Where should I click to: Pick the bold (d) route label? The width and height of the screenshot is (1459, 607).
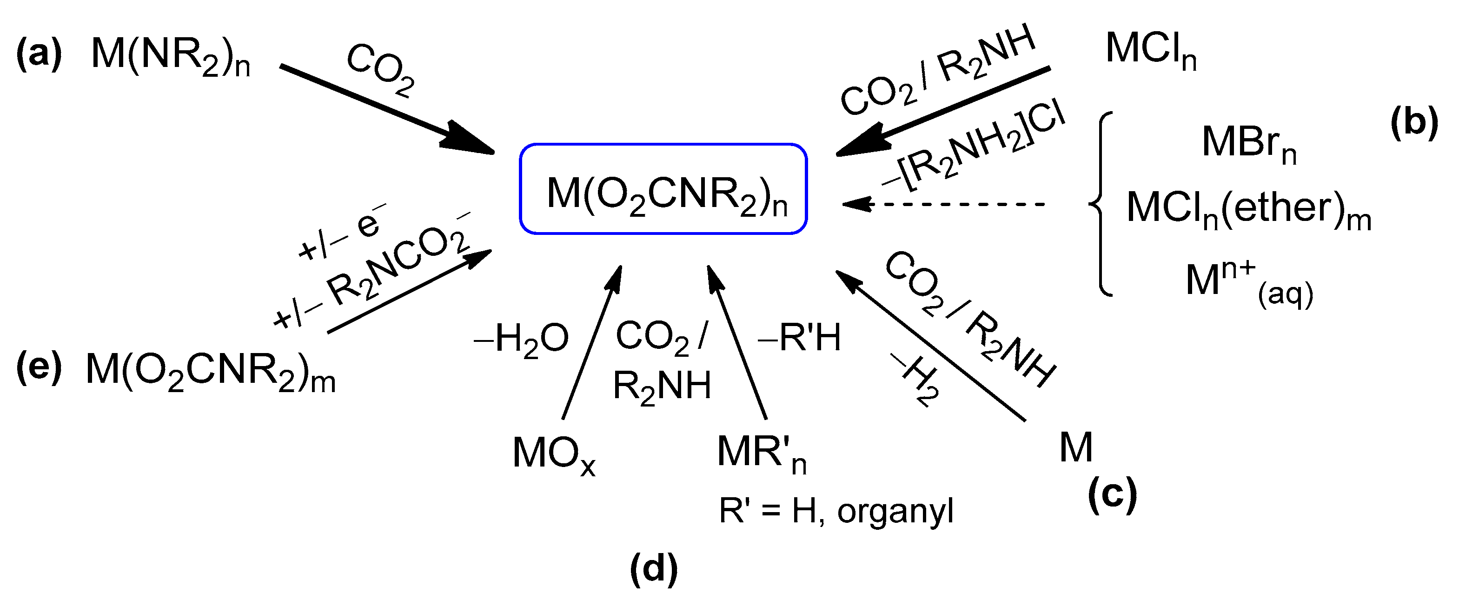coord(654,568)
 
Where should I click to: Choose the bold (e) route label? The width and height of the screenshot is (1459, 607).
coord(39,368)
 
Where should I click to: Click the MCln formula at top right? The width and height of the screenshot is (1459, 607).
coord(1151,51)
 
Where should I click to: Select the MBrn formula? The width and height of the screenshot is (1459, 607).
coord(1248,144)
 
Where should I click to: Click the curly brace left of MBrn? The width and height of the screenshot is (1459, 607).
coord(1101,204)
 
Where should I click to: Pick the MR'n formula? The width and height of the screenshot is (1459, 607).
coord(761,454)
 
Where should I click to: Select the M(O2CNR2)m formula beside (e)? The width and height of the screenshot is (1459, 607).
coord(210,372)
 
